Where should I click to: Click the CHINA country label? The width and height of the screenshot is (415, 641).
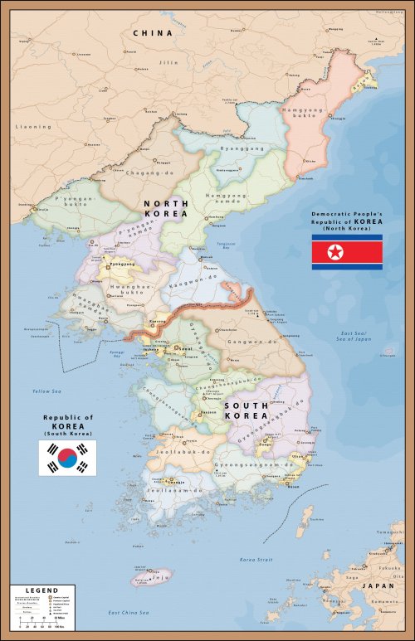click(x=153, y=33)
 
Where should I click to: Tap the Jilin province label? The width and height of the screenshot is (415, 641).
click(x=170, y=62)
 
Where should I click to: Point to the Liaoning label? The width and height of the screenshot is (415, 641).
click(x=33, y=127)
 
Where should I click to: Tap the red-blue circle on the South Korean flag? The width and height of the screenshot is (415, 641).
click(x=67, y=458)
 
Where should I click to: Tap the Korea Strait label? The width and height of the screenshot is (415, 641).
click(x=256, y=560)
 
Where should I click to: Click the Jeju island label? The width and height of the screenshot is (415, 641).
click(x=160, y=574)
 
